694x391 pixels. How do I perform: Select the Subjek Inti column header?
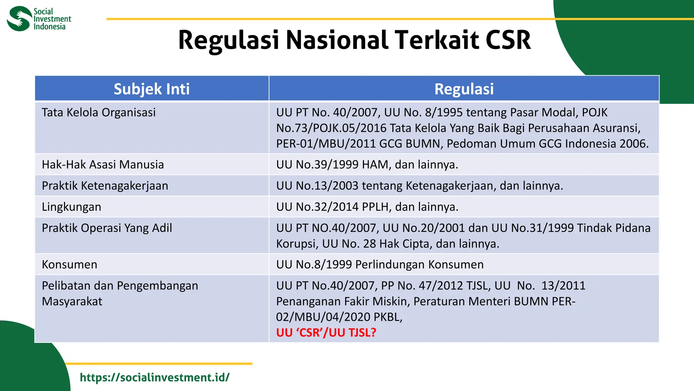click(151, 89)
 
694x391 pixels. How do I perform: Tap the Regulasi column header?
click(464, 89)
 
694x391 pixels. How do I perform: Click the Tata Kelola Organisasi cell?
click(99, 112)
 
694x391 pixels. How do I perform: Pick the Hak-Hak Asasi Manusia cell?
click(103, 165)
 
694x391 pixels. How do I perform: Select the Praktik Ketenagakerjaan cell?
click(105, 186)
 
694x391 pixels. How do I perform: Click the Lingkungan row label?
click(72, 207)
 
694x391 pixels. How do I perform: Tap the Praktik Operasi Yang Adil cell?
click(107, 228)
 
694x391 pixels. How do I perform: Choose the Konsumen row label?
click(69, 264)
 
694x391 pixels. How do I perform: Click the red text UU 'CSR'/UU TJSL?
click(326, 333)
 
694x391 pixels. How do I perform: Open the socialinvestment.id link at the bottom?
click(155, 377)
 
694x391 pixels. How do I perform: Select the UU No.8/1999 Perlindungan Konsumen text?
click(380, 264)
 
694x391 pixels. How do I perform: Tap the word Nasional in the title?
click(337, 40)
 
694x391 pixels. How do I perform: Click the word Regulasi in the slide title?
click(228, 40)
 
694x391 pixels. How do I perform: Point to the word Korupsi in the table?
click(297, 244)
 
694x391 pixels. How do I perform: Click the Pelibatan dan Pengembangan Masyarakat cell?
click(120, 293)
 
